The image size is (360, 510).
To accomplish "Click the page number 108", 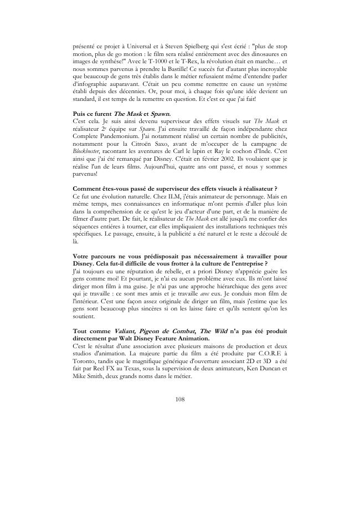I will (179, 398).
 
